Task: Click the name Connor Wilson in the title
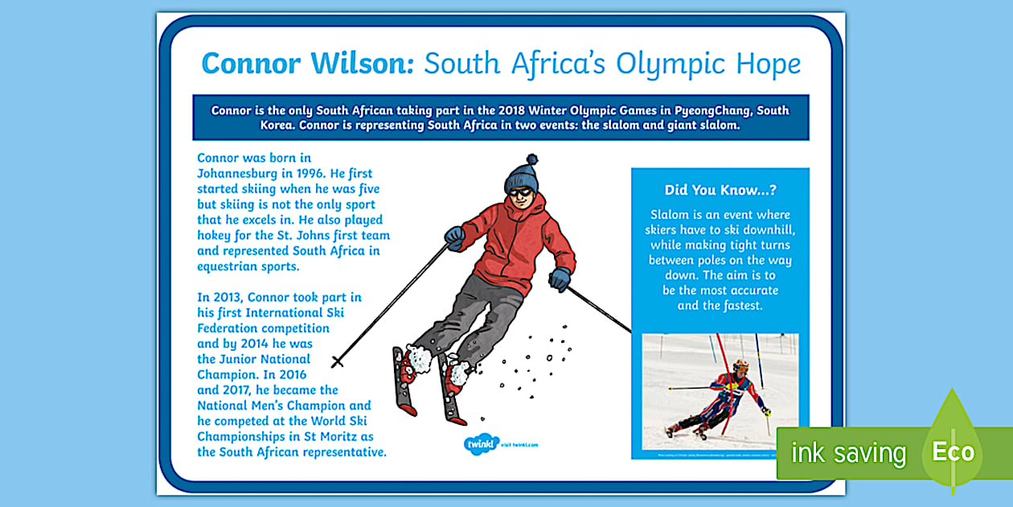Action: tap(307, 63)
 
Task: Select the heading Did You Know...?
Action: tap(720, 191)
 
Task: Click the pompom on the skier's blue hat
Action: tap(531, 160)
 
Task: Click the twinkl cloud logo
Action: tap(482, 443)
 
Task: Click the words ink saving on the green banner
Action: tap(848, 453)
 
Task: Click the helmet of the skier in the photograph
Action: tap(740, 366)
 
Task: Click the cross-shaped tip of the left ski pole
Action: tap(338, 362)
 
